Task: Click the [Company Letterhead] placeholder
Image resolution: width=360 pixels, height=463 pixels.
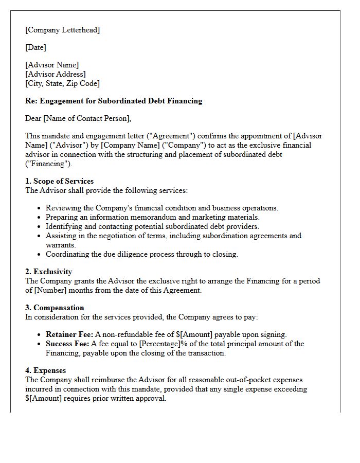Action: (x=62, y=30)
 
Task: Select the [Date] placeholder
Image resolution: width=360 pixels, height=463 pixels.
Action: (x=35, y=47)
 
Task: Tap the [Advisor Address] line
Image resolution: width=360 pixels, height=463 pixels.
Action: (x=56, y=74)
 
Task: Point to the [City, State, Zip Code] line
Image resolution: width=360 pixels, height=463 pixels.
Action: (x=62, y=83)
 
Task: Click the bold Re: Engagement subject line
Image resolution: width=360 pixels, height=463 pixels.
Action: (x=114, y=101)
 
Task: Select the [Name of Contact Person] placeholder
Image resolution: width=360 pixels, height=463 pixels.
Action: (x=87, y=118)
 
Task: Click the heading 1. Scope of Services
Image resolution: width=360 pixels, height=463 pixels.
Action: (x=60, y=181)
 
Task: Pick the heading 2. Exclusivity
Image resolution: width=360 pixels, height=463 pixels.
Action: (x=49, y=272)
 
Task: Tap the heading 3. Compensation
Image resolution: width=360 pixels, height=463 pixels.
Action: (x=55, y=308)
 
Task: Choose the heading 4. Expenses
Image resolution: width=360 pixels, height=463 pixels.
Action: (x=46, y=370)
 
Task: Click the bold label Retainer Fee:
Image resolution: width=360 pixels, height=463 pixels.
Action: (x=69, y=334)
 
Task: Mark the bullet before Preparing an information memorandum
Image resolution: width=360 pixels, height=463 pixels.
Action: (x=40, y=218)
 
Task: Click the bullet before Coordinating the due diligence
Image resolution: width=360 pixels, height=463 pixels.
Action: (x=40, y=255)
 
